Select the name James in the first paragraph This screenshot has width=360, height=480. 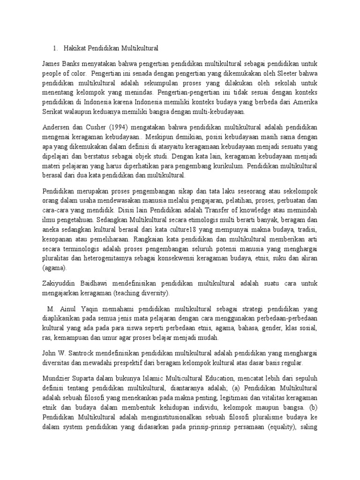click(x=52, y=63)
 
